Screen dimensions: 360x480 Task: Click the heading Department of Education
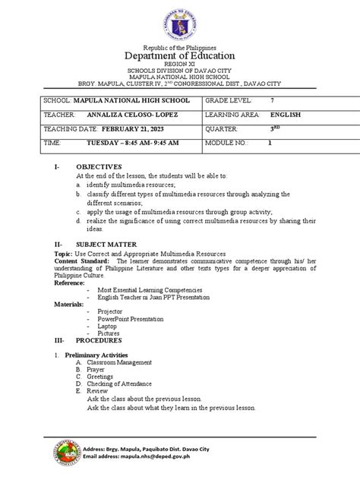pos(180,56)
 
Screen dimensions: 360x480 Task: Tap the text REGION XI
pos(180,66)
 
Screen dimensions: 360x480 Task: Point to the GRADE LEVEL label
pos(229,101)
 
